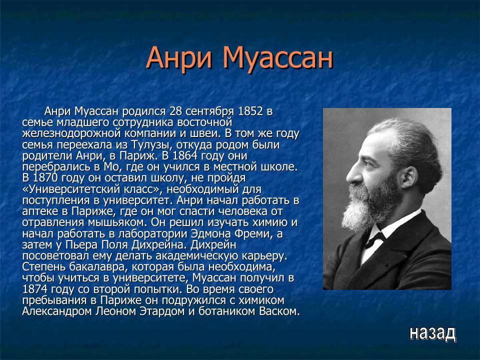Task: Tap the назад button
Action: tap(432, 332)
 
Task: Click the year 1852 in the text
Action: tap(250, 111)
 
